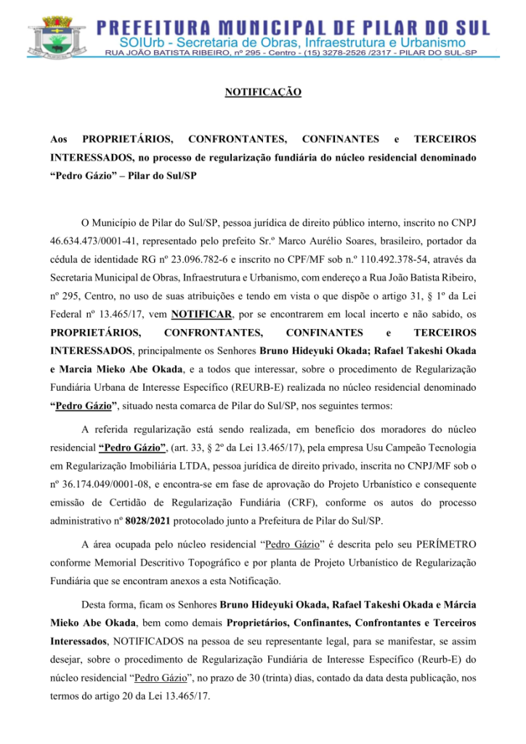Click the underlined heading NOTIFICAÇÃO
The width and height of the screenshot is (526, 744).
263,93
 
